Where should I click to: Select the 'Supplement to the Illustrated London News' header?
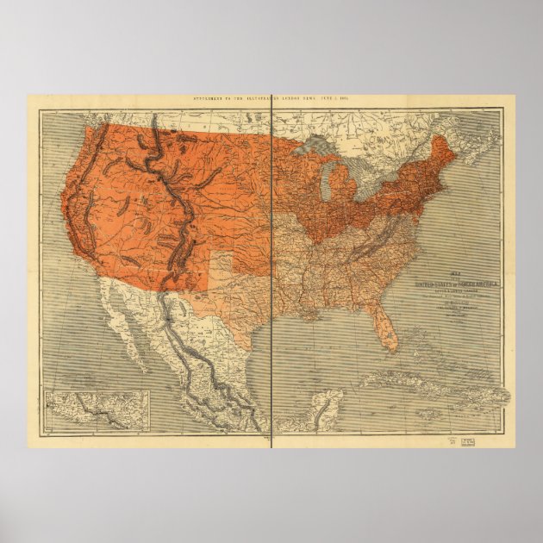click(x=271, y=100)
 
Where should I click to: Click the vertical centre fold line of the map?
click(x=271, y=345)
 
